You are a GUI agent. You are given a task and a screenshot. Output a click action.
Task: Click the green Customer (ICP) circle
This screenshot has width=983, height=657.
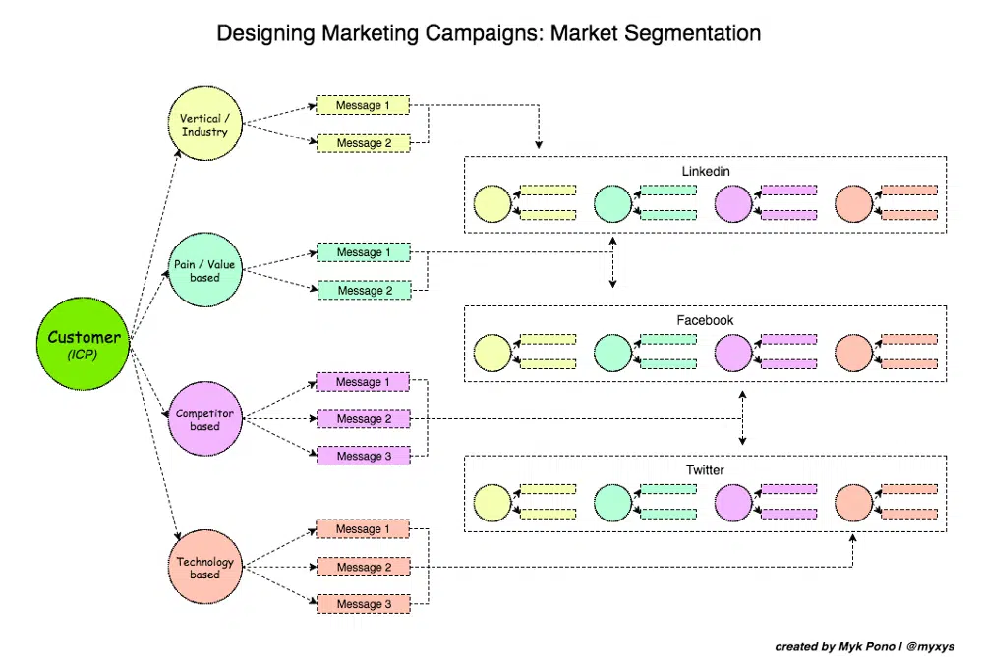click(85, 344)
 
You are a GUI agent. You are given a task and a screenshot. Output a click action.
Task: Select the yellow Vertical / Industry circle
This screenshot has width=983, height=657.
click(204, 125)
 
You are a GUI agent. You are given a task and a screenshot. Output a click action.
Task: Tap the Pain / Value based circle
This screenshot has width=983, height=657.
click(204, 271)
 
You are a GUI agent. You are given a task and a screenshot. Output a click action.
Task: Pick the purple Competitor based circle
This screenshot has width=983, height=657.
click(204, 419)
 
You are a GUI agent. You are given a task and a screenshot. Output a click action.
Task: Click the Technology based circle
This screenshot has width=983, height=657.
click(204, 567)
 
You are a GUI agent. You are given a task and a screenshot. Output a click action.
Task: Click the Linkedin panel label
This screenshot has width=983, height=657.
click(706, 171)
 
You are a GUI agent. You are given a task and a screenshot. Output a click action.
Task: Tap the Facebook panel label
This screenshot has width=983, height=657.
click(705, 320)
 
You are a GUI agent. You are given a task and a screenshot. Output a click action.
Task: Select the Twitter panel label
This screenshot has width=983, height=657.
click(705, 470)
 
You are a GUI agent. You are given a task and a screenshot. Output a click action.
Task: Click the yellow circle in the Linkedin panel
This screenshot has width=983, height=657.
click(492, 203)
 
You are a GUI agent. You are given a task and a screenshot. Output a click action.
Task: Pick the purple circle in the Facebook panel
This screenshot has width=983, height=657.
click(733, 353)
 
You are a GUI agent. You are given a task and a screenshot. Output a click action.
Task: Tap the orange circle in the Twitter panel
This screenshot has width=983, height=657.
click(854, 503)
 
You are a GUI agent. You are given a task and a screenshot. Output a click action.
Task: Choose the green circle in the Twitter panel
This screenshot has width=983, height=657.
click(612, 503)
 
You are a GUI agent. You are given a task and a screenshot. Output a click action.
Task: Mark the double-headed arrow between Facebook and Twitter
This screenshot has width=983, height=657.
click(742, 418)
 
